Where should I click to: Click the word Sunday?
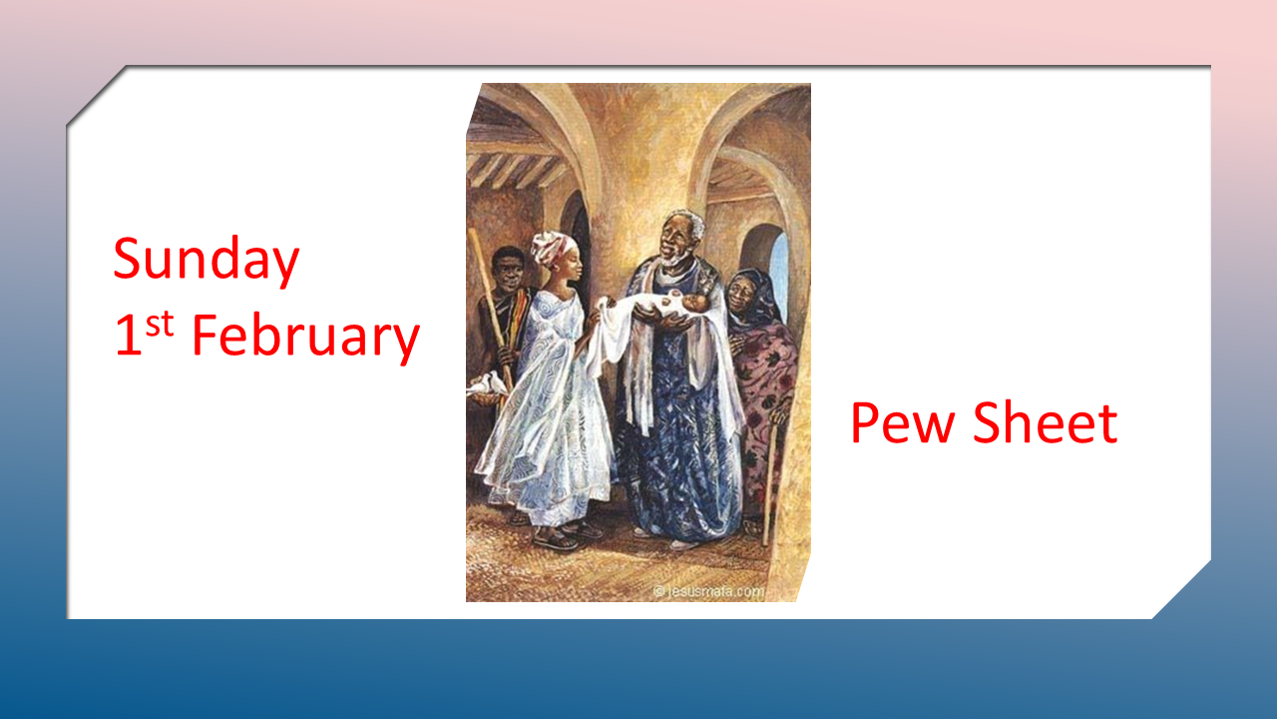click(206, 260)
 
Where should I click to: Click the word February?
click(305, 337)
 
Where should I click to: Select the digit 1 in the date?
click(127, 338)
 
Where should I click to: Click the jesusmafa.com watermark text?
click(709, 591)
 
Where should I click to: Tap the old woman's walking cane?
click(771, 479)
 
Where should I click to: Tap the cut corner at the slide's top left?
click(95, 95)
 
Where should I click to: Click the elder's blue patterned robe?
click(678, 449)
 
